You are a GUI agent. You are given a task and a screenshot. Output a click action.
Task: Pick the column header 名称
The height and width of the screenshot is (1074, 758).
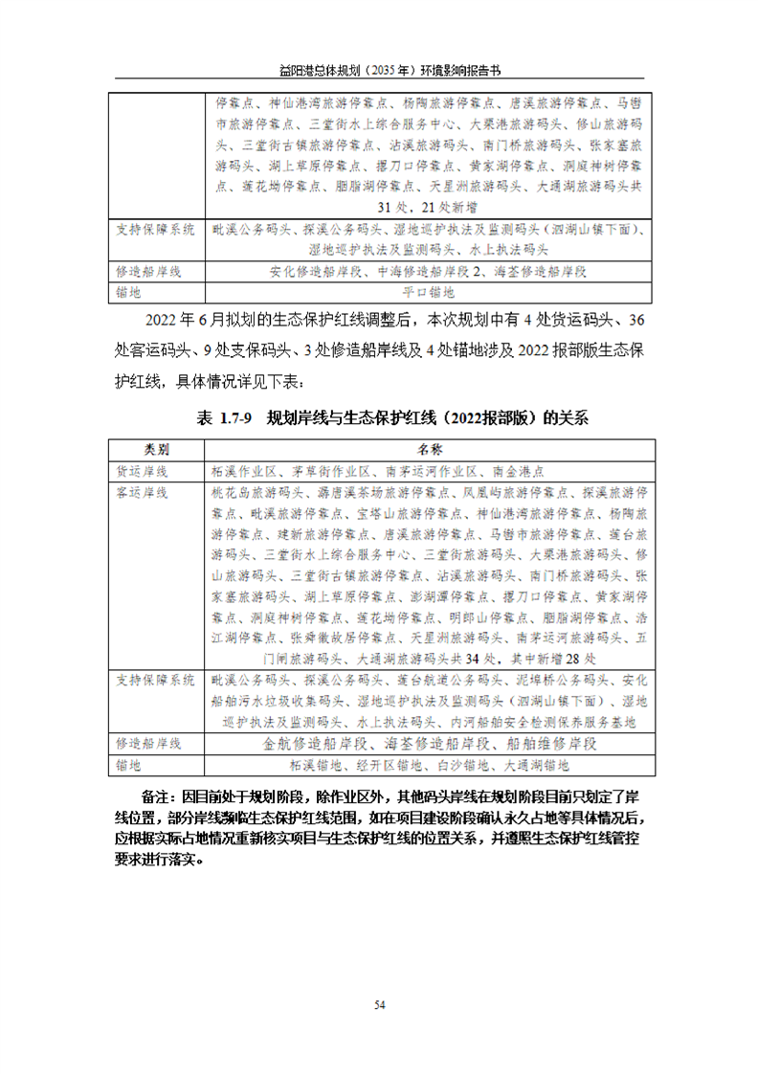point(428,449)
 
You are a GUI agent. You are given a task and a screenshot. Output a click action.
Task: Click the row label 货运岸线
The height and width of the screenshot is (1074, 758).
point(143,471)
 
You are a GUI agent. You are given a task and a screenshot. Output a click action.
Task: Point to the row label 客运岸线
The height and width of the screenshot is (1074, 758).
point(143,492)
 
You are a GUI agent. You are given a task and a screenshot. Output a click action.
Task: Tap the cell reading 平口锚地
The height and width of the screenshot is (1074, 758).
point(428,291)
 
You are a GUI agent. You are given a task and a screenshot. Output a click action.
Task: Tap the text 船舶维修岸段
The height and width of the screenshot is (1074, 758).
point(555,743)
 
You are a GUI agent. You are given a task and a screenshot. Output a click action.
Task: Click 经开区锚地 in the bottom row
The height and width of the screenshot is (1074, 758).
point(385,765)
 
